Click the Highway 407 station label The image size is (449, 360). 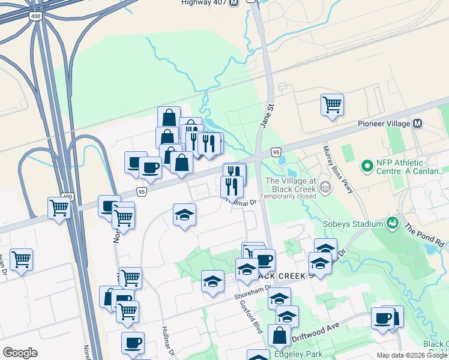pyautogui.click(x=203, y=2)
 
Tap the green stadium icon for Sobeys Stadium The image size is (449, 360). pyautogui.click(x=393, y=223)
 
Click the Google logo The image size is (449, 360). pyautogui.click(x=20, y=353)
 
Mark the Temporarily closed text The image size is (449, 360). pyautogui.click(x=288, y=196)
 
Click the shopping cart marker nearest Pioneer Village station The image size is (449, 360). pyautogui.click(x=331, y=104)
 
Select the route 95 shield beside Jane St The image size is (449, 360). pyautogui.click(x=275, y=152)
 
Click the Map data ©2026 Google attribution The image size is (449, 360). pyautogui.click(x=411, y=355)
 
